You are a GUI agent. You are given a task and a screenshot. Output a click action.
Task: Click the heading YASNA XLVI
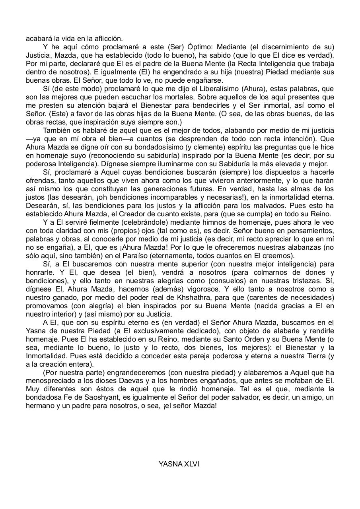(x=179, y=464)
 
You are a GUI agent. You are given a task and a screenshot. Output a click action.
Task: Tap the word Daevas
(x=120, y=381)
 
